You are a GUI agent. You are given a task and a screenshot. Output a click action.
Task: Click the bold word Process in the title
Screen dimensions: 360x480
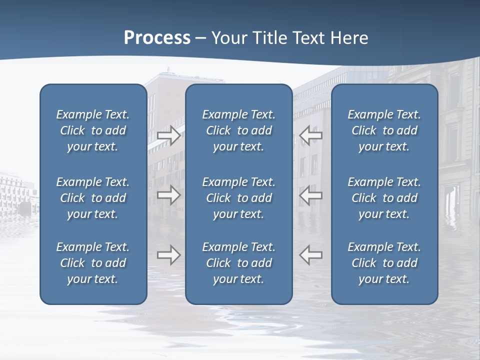(157, 38)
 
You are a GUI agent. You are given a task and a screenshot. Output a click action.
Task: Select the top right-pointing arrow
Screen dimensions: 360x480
(169, 135)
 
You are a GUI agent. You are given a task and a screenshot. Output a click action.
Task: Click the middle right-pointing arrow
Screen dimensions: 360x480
(169, 195)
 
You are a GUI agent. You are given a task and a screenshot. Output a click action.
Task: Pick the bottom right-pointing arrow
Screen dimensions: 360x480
(169, 255)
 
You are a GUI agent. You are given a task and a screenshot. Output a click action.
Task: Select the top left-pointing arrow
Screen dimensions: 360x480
(311, 135)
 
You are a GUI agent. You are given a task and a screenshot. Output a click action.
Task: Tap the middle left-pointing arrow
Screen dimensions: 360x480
(311, 195)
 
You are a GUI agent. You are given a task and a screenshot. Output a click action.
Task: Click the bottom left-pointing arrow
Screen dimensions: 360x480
(311, 255)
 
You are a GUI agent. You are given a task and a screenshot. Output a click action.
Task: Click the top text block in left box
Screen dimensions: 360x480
(93, 130)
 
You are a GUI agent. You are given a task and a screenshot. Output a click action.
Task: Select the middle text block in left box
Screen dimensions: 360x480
(93, 198)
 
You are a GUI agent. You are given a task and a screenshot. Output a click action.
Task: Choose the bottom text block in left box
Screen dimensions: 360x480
(93, 263)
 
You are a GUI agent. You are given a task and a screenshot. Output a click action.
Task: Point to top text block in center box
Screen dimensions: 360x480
(238, 130)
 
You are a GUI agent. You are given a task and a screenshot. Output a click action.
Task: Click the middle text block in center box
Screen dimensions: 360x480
(238, 198)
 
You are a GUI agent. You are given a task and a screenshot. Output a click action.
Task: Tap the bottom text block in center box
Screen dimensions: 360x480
(238, 263)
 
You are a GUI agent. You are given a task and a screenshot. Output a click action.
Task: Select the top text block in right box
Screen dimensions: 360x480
(384, 130)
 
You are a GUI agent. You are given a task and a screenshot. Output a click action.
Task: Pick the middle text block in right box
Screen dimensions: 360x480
(384, 198)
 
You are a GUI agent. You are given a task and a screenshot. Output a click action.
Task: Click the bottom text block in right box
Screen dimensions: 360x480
(384, 263)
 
